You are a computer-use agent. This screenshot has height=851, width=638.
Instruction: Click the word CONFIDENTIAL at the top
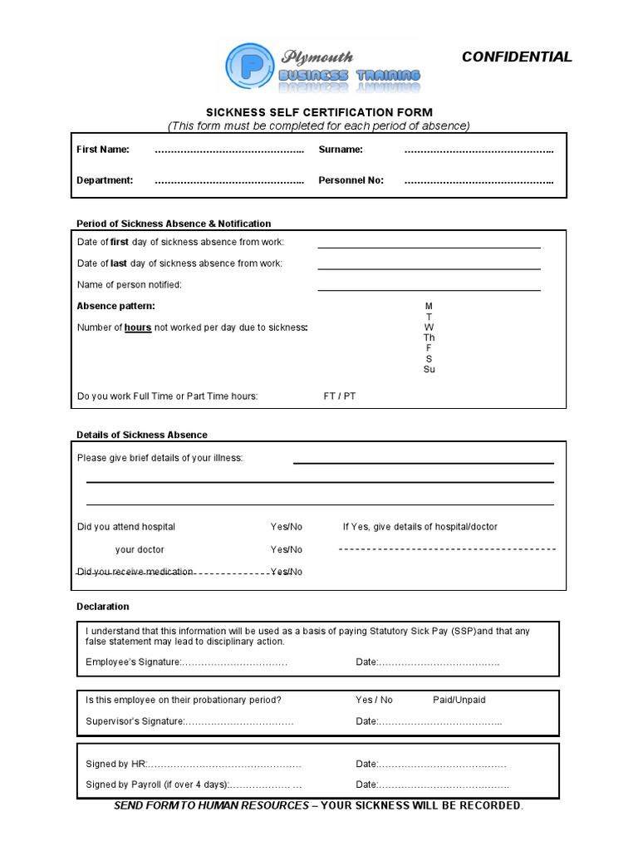point(516,57)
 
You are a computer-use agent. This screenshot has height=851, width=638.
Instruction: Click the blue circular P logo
point(250,67)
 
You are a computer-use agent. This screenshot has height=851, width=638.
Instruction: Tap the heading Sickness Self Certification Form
point(319,112)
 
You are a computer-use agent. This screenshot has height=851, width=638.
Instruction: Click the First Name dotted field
point(229,150)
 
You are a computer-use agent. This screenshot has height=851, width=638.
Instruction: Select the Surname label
point(341,150)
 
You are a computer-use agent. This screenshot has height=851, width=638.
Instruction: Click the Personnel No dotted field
point(478,180)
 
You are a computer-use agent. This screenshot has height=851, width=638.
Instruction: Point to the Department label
point(105,180)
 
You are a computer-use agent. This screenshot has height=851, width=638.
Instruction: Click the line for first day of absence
point(429,246)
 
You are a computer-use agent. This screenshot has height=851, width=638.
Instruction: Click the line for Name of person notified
point(429,288)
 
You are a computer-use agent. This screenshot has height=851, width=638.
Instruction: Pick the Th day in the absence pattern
point(429,338)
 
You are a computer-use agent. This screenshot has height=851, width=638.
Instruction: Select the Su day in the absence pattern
point(429,370)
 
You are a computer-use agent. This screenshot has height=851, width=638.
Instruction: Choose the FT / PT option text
point(339,396)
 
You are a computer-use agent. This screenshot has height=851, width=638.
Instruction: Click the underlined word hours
point(138,328)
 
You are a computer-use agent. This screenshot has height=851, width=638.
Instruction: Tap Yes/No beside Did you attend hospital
point(286,527)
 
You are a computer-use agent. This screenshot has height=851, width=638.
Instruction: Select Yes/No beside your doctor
point(286,549)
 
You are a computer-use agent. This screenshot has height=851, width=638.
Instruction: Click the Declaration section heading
point(102,607)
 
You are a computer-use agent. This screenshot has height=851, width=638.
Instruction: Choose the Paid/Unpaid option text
point(459,701)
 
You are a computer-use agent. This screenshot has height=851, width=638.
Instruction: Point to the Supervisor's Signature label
point(135,721)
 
